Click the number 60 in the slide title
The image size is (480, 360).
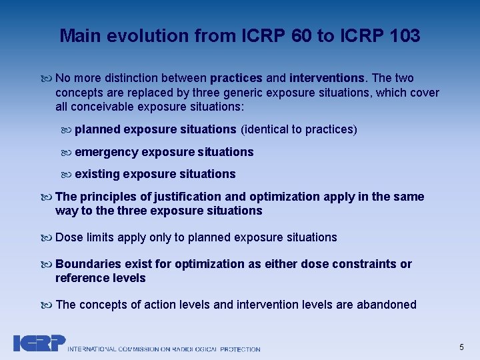pos(302,36)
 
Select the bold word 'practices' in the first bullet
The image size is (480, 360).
pos(235,79)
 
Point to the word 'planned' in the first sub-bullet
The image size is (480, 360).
pos(97,129)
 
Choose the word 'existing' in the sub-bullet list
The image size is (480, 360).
pos(97,174)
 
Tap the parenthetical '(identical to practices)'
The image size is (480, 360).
pos(299,129)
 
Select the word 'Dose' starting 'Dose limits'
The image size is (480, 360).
pos(69,237)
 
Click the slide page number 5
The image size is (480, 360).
pos(461,347)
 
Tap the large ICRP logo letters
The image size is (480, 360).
pos(39,343)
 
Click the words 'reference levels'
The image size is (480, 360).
pos(100,278)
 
